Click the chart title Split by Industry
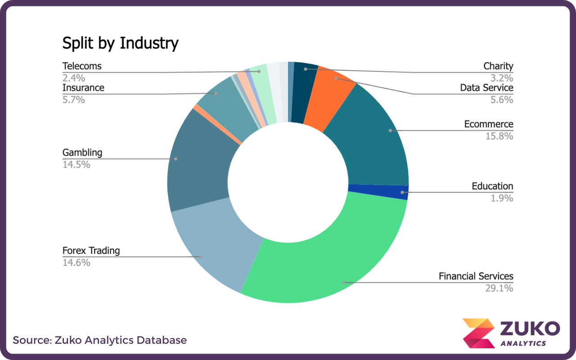120,43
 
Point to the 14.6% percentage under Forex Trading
76,262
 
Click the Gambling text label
82,153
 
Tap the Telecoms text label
82,66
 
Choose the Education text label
492,186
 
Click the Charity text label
498,66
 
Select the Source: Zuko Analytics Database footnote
99,340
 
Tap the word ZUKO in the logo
530,328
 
